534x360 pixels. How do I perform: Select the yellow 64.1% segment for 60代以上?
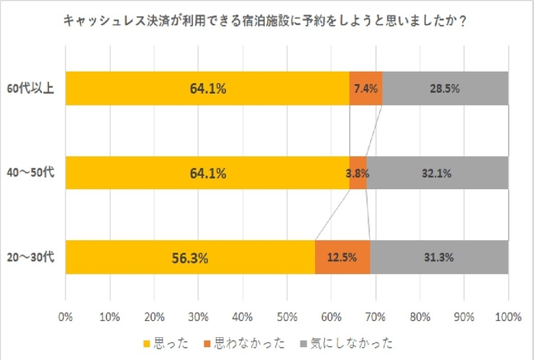(x=207, y=88)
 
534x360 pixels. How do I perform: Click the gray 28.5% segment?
(x=446, y=88)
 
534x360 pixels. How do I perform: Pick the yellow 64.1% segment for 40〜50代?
(x=207, y=173)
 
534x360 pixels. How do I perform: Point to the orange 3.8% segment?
(x=358, y=173)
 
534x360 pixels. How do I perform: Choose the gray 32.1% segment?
(x=437, y=173)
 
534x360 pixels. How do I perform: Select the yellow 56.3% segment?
(x=190, y=257)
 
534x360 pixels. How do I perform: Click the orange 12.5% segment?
(x=343, y=257)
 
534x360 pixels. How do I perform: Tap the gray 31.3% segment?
(x=439, y=257)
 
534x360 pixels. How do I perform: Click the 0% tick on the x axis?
(x=66, y=315)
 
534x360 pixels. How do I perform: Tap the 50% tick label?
(x=287, y=315)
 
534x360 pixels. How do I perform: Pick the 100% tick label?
(x=508, y=315)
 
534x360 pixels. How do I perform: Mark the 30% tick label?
(x=198, y=315)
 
